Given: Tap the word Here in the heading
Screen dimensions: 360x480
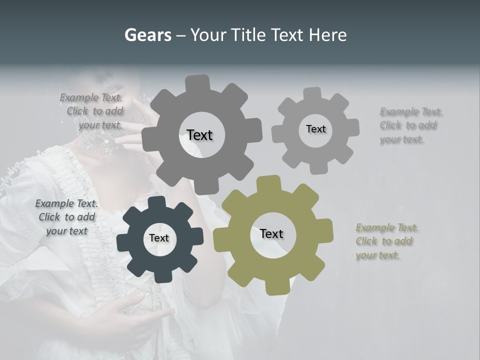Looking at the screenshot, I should pos(327,35).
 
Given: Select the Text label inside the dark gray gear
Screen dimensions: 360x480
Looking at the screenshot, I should pos(199,135).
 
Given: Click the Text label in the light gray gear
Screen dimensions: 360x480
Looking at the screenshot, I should pos(315,129).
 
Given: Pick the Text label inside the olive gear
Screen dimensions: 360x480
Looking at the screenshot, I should pos(271,233).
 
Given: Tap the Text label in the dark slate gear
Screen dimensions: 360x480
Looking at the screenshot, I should pos(159,238).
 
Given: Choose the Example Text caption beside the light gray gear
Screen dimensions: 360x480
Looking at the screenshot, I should pos(410,125).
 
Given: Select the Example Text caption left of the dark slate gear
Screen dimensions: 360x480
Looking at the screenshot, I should pos(66,217).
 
